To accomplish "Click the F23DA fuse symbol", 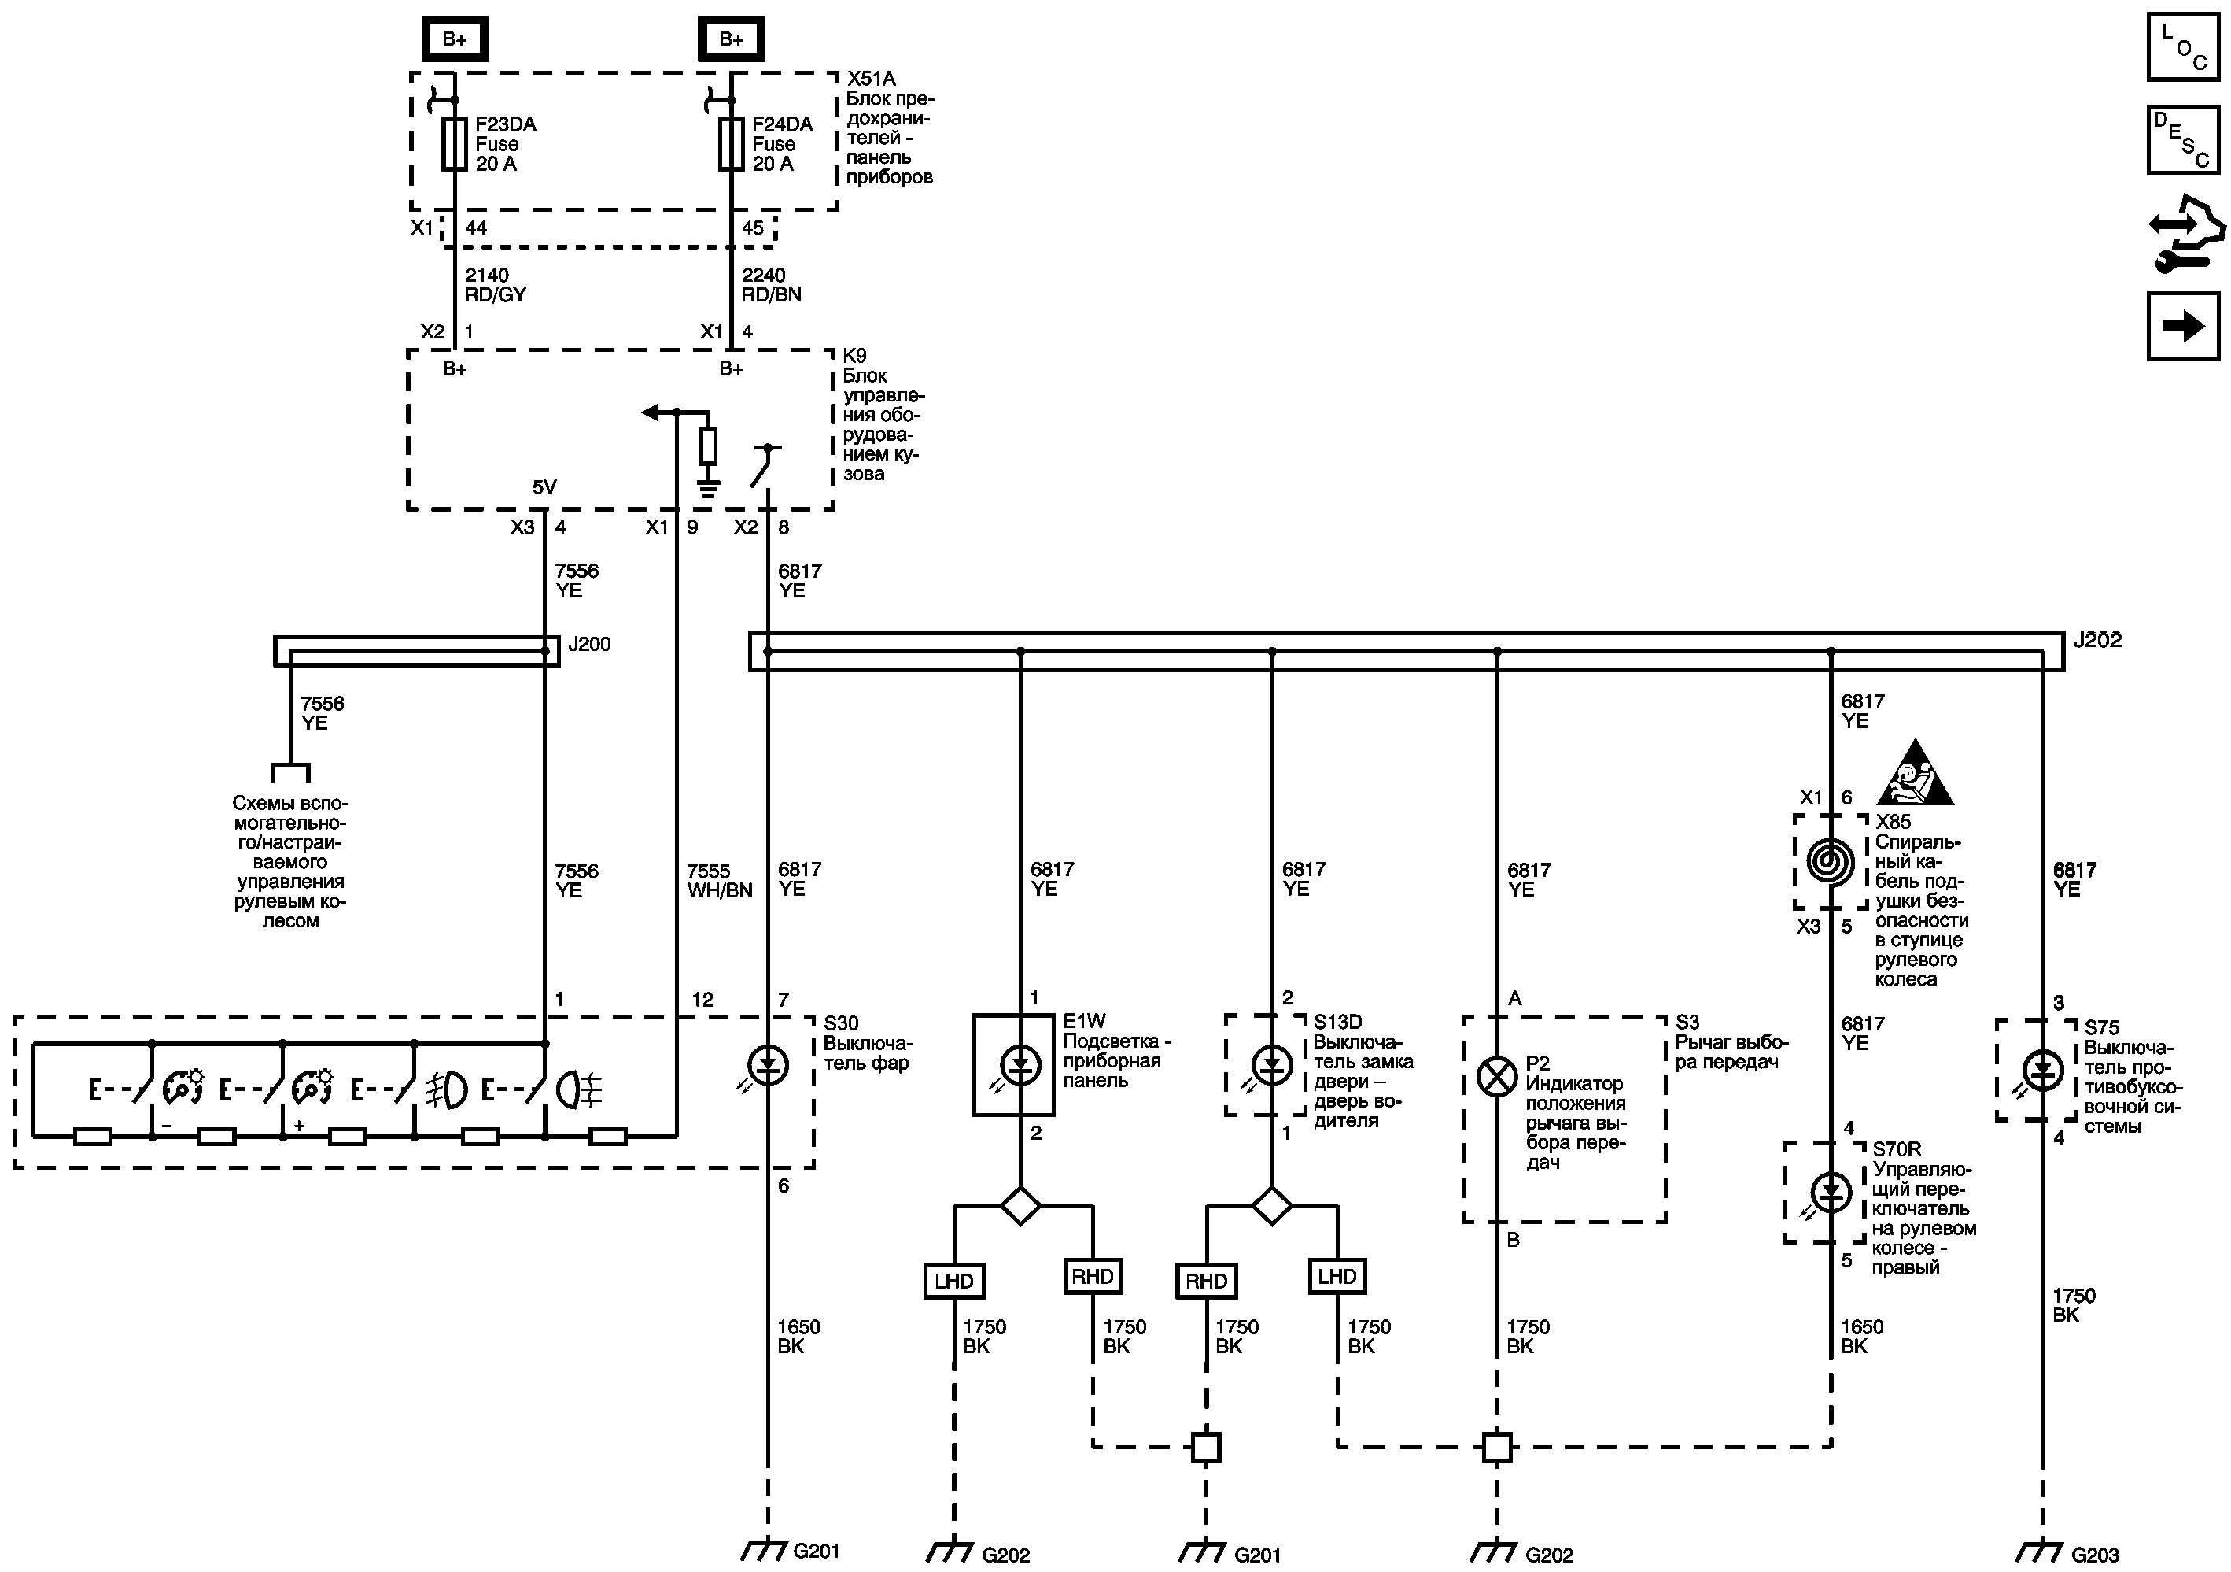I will click(454, 144).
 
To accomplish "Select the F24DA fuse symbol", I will click(731, 144).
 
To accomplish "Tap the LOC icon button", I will click(2182, 46).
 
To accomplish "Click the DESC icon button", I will click(2182, 139).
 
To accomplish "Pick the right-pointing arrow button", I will click(2182, 326).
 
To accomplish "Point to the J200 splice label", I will click(590, 645).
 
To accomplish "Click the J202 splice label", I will click(2097, 641).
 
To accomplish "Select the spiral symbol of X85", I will click(1831, 861).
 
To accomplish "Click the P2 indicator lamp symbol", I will click(1496, 1076).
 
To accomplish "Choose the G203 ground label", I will click(2095, 1555).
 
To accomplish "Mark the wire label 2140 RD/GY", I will click(495, 285).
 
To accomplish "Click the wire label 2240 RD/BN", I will click(772, 285).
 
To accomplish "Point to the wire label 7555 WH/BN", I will click(719, 881).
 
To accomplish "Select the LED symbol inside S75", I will click(2042, 1071).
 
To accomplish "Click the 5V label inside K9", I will click(544, 487).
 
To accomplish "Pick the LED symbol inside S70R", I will click(1831, 1191).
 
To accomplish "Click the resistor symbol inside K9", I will click(708, 446).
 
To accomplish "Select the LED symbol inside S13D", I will click(1271, 1066).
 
